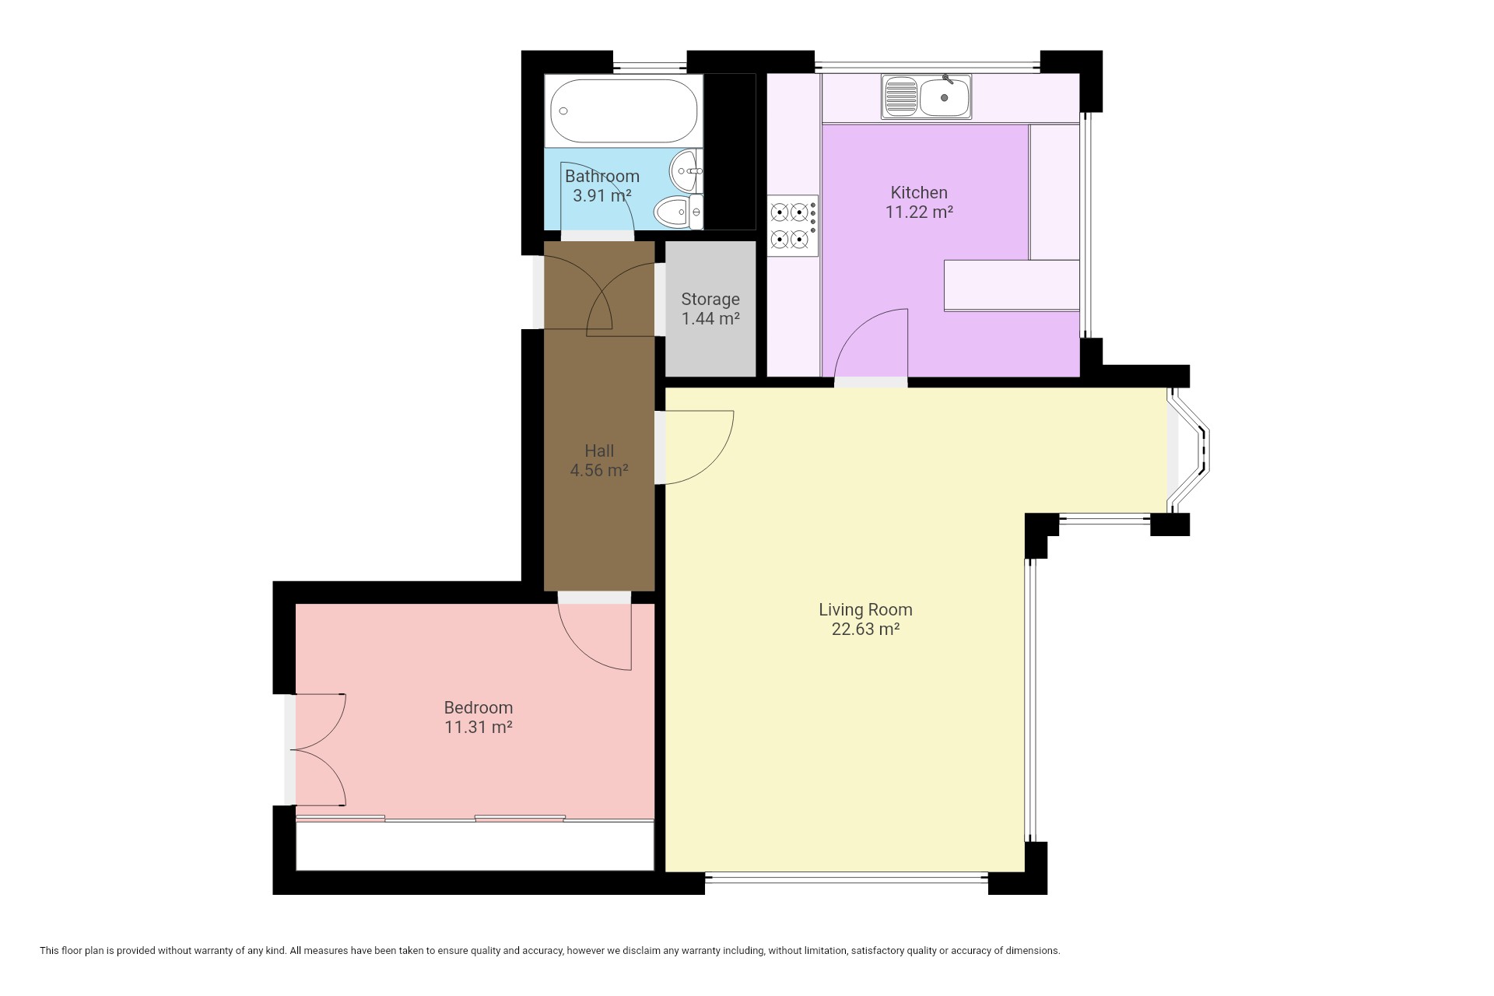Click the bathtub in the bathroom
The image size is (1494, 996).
click(623, 110)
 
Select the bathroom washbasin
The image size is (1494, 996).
click(687, 170)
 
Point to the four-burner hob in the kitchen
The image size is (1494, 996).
click(793, 226)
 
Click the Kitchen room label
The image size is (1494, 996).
click(919, 192)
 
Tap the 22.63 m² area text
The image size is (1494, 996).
click(865, 630)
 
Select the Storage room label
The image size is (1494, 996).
click(710, 299)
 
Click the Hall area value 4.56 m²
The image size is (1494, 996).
click(599, 470)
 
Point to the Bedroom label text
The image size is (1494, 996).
click(479, 707)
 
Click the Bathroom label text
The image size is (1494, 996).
click(602, 176)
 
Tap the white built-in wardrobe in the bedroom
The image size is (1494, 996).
click(475, 845)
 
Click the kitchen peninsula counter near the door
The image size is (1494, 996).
click(1012, 286)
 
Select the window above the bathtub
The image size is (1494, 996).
click(650, 62)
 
